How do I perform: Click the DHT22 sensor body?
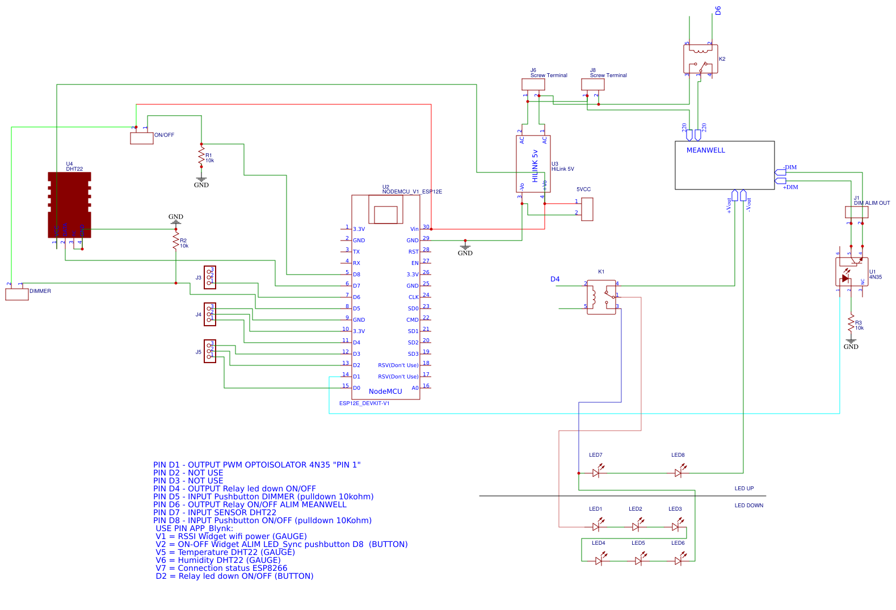tap(69, 204)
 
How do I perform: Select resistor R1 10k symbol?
tap(201, 157)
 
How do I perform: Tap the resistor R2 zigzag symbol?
tap(176, 241)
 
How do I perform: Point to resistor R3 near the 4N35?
tap(851, 323)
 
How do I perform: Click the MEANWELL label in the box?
tap(705, 150)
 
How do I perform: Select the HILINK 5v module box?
tap(533, 164)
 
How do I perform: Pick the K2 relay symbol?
tap(700, 59)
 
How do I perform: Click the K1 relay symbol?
tap(601, 297)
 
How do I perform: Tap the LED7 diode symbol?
tap(596, 472)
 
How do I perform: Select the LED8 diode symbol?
tap(678, 472)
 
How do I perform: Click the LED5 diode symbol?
tap(638, 560)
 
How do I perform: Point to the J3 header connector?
tap(210, 277)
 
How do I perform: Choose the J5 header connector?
tap(210, 351)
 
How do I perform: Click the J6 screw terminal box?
tap(533, 84)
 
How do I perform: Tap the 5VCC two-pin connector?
tap(587, 209)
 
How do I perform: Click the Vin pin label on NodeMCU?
tap(414, 229)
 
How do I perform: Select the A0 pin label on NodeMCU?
tap(415, 388)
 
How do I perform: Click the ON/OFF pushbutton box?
tap(142, 138)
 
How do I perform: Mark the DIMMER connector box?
tap(17, 294)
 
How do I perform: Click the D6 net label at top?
tap(718, 10)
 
